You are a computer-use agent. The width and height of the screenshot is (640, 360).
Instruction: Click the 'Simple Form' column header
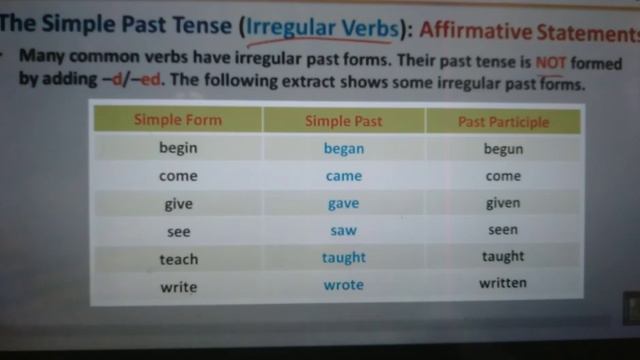coord(178,121)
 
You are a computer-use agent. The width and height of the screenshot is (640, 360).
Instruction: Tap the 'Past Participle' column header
coord(503,123)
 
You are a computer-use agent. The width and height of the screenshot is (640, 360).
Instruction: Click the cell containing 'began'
coord(343,149)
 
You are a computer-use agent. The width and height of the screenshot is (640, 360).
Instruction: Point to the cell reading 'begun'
coord(502,150)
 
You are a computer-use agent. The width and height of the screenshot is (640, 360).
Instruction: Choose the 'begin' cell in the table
coord(178,148)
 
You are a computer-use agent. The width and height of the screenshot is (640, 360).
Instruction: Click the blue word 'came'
coord(343,176)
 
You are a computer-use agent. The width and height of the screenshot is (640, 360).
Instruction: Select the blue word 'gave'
coord(343,203)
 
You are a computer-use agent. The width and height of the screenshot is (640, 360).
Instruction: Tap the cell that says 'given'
coord(502,203)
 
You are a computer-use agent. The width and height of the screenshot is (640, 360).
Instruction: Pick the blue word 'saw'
coord(343,230)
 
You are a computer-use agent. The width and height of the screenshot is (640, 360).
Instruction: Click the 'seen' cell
coord(502,230)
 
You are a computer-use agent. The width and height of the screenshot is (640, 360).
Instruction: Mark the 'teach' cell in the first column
coord(178,259)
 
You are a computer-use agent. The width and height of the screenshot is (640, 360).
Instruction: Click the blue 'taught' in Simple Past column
coord(343,257)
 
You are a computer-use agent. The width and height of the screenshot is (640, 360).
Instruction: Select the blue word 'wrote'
coord(343,285)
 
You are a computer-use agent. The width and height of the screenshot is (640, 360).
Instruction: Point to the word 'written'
coord(502,283)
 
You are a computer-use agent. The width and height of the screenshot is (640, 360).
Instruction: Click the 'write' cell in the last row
coord(178,287)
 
